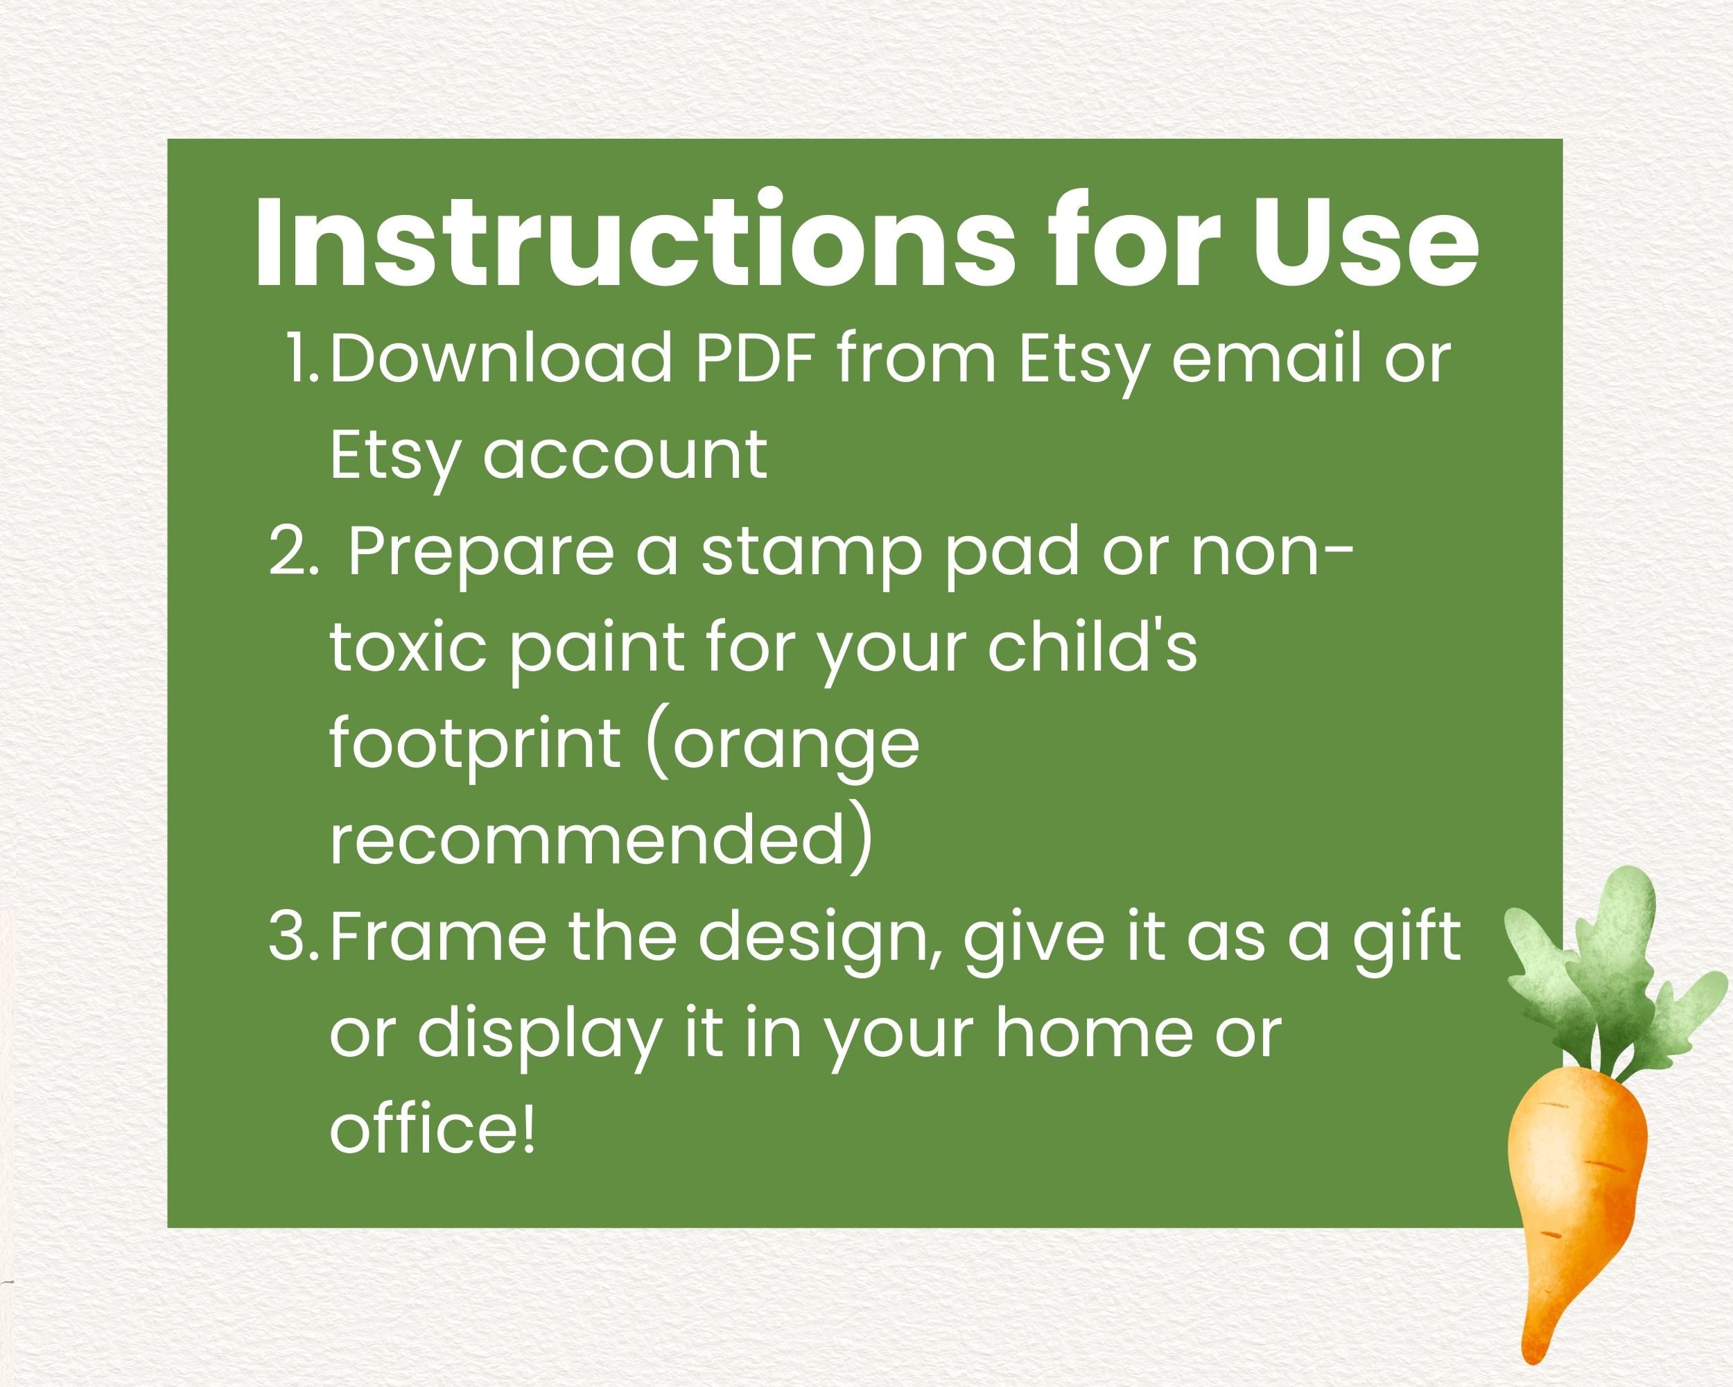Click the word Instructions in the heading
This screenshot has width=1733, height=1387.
(x=635, y=240)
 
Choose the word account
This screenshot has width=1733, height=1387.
(x=625, y=455)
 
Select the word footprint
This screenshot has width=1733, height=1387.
(x=474, y=746)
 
